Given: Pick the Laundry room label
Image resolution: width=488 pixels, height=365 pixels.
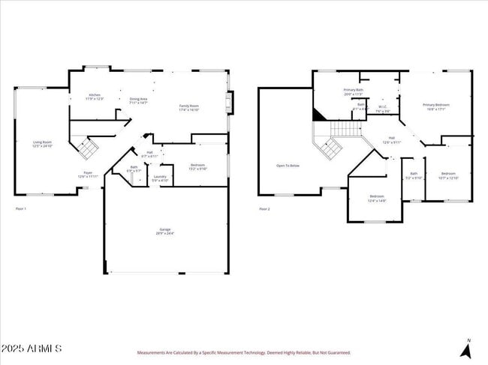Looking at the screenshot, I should click(x=160, y=178).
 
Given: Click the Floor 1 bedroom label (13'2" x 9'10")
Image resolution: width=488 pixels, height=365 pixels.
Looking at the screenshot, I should click(x=198, y=166).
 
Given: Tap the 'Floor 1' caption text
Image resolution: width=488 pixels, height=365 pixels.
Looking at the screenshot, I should click(x=21, y=208).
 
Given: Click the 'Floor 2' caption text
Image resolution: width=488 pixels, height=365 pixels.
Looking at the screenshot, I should click(x=264, y=208).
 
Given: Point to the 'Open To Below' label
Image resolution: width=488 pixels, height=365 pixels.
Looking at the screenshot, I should click(x=288, y=166).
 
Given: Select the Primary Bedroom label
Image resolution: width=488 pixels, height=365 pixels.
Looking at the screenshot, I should click(x=435, y=106).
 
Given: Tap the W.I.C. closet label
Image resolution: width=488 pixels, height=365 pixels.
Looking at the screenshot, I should click(x=382, y=108).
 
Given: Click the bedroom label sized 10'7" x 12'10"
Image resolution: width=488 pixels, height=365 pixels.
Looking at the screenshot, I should click(x=448, y=175).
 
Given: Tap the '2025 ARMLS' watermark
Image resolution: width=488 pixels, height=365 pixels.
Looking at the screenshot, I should click(x=32, y=349).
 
